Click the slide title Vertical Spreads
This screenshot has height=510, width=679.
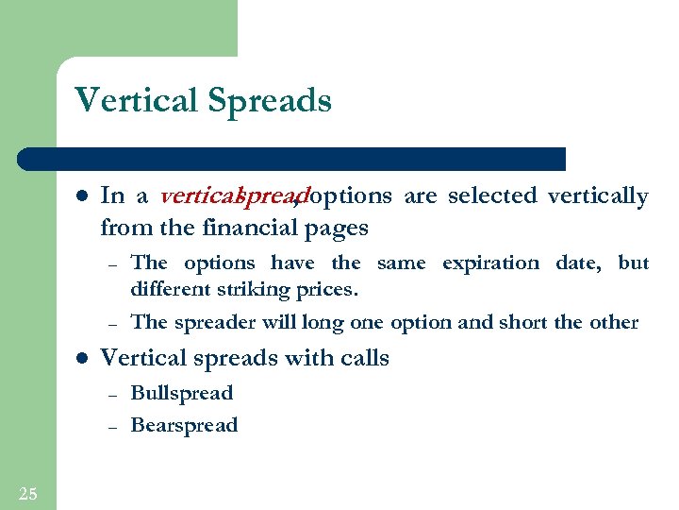pyautogui.click(x=203, y=100)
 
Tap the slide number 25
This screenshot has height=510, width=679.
pyautogui.click(x=27, y=492)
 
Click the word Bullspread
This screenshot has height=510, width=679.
pyautogui.click(x=181, y=393)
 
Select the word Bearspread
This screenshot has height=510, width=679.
pyautogui.click(x=184, y=425)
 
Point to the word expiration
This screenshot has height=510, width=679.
pyautogui.click(x=491, y=263)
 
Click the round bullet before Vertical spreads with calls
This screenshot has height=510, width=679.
pyautogui.click(x=81, y=359)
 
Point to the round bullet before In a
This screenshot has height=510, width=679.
pyautogui.click(x=81, y=197)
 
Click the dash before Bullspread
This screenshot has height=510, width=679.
pyautogui.click(x=110, y=395)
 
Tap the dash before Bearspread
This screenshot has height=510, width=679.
pyautogui.click(x=110, y=427)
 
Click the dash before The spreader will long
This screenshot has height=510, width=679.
pyautogui.click(x=110, y=324)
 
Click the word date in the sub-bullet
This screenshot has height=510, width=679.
pyautogui.click(x=576, y=263)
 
